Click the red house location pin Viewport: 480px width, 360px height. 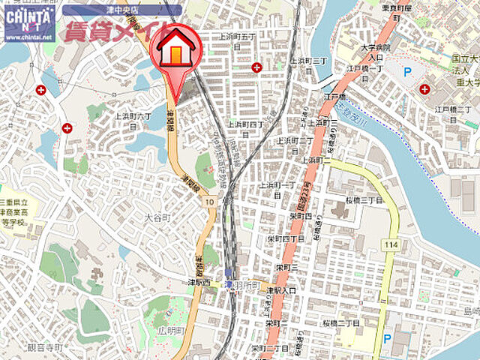tap(175, 56)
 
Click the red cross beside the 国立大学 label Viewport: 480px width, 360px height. tap(424, 89)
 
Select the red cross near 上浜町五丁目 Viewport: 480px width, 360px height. tap(257, 67)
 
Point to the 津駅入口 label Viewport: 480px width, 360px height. tap(282, 289)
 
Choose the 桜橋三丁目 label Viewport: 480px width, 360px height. tap(364, 201)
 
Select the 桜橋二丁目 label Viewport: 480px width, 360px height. tap(342, 322)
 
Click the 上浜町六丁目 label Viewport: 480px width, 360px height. tap(134, 121)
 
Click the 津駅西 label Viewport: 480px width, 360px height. tap(201, 283)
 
